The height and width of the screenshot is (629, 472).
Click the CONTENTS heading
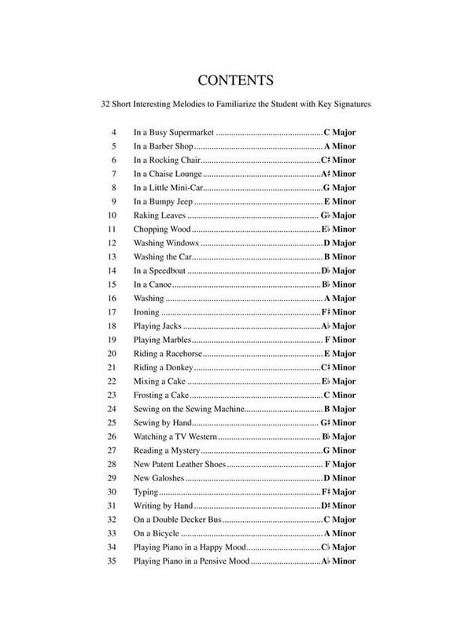tap(236, 80)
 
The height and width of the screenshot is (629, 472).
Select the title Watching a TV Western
tap(175, 436)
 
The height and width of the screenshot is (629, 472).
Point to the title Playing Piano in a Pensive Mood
tap(191, 561)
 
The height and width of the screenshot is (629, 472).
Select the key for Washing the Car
tap(340, 257)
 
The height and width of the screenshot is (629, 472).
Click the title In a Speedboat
tap(160, 270)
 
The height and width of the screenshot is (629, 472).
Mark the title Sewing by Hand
tap(161, 422)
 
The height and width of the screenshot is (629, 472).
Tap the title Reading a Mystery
tap(167, 450)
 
